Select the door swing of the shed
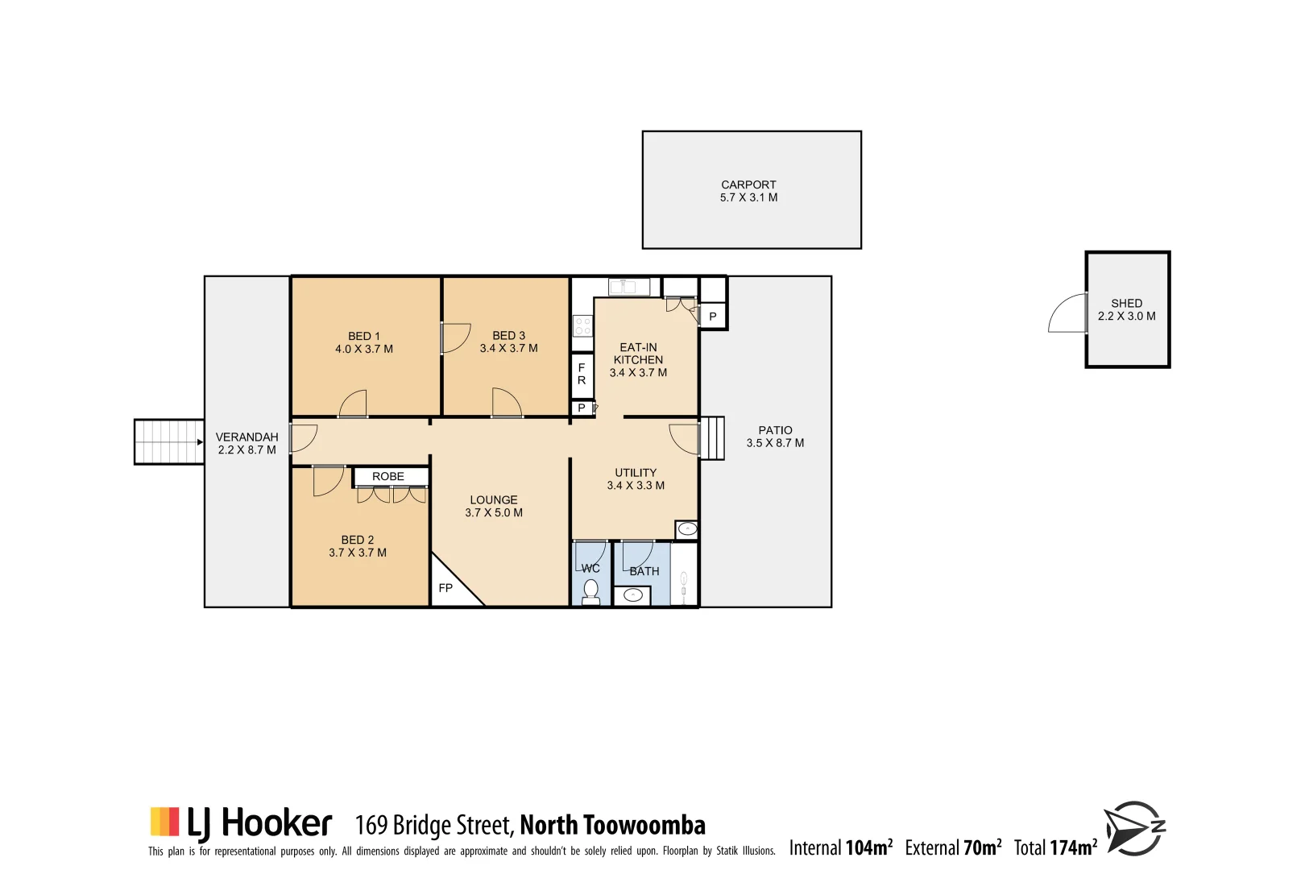(1068, 314)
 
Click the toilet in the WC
(591, 589)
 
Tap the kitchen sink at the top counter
(628, 287)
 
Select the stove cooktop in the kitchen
(582, 326)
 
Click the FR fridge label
(582, 375)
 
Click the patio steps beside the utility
(712, 438)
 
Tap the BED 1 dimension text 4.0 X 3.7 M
(364, 350)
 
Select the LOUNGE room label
(494, 500)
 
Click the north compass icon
(1134, 828)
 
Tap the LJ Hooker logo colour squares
(164, 822)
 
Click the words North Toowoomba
(612, 826)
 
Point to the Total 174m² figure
(1055, 847)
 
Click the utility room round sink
(687, 529)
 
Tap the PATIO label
(775, 431)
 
